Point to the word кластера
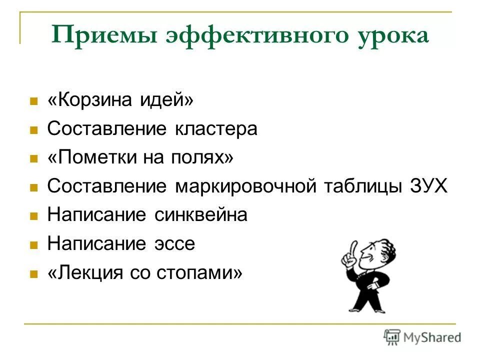(x=216, y=129)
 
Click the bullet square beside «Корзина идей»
(x=34, y=101)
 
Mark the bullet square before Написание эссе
(x=34, y=245)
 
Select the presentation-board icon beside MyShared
(x=392, y=337)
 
